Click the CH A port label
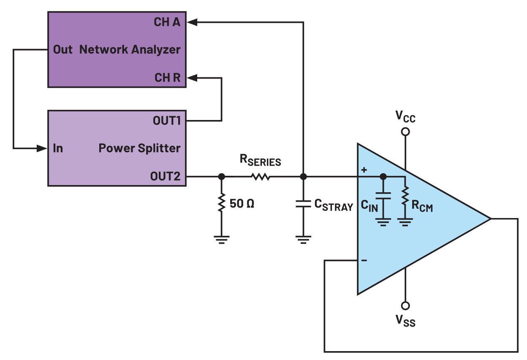click(x=167, y=22)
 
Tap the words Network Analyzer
click(x=130, y=49)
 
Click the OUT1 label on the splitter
click(x=166, y=121)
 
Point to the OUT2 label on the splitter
click(x=166, y=176)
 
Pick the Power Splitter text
click(x=139, y=148)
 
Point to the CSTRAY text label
click(x=333, y=206)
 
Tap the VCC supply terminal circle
click(x=405, y=132)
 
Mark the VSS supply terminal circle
click(x=405, y=305)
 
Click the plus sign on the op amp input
click(x=364, y=170)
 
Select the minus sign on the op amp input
click(x=364, y=261)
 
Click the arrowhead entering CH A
click(x=191, y=22)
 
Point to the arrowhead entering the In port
click(x=42, y=148)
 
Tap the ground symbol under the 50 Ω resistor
click(x=220, y=239)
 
